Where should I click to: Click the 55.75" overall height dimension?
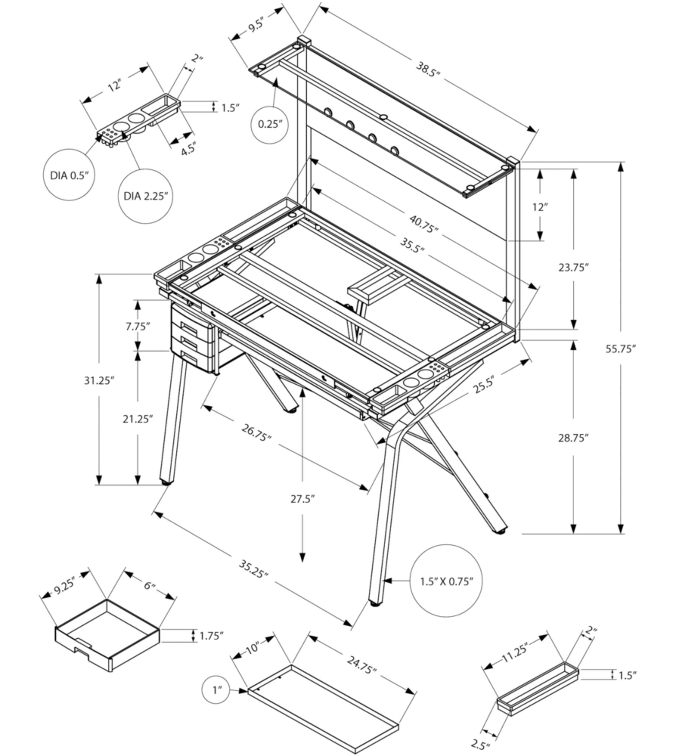coord(621,349)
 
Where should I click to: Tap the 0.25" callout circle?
coord(270,124)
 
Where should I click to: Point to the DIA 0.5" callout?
coord(70,175)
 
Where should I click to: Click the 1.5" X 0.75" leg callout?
coord(446,581)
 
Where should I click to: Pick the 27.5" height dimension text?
coord(302,499)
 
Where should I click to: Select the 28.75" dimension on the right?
coord(573,438)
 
